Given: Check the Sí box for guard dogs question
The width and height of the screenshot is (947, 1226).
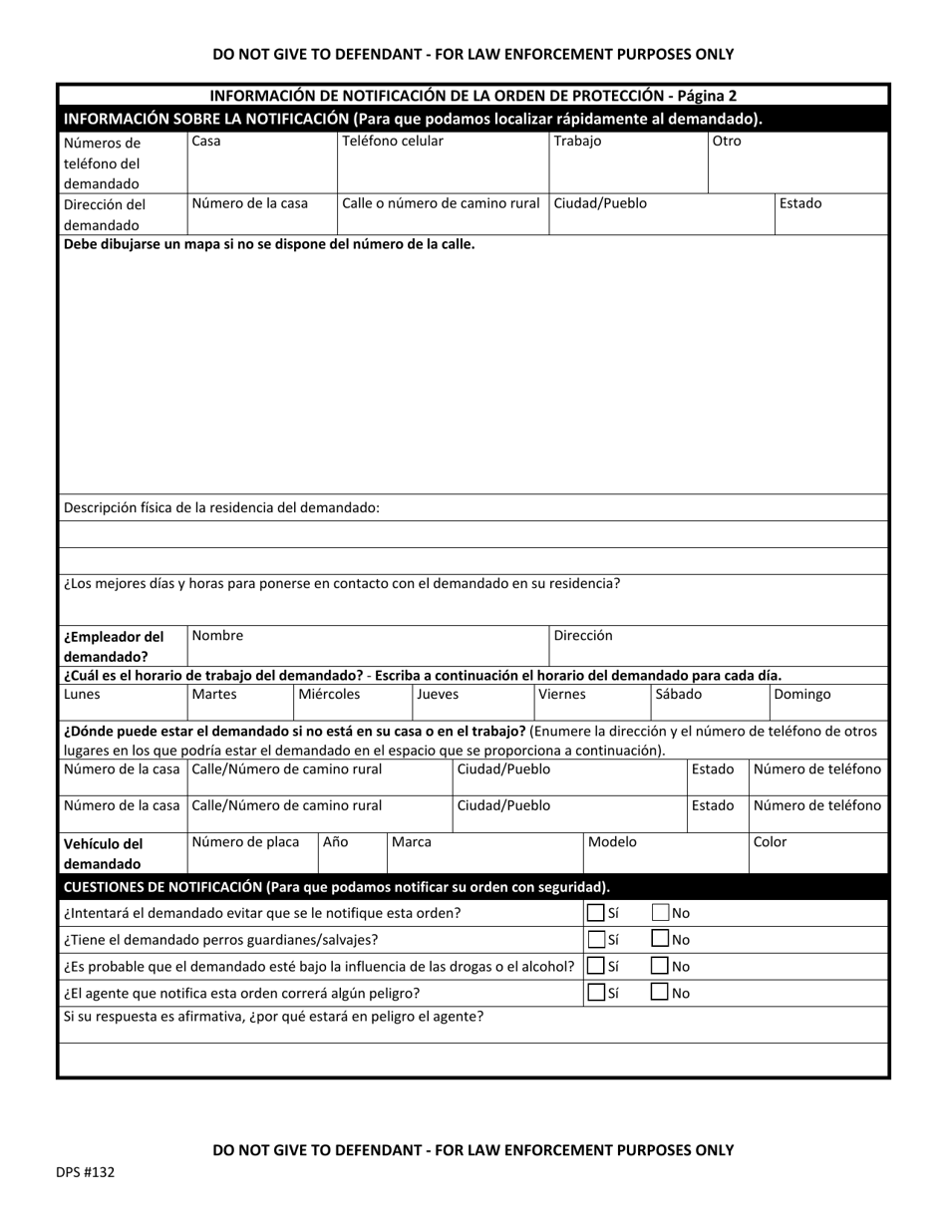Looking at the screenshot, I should [595, 939].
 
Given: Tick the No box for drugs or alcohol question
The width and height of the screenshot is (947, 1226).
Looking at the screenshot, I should [660, 965].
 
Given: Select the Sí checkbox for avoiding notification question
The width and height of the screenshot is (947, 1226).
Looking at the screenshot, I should [595, 912].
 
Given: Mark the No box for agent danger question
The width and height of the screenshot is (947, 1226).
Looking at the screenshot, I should [660, 992].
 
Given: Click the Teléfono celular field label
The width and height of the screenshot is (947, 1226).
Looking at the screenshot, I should [393, 142].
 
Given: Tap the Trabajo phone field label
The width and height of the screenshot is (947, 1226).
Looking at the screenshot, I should [577, 142].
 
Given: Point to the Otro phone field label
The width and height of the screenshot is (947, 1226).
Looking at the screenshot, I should [727, 142].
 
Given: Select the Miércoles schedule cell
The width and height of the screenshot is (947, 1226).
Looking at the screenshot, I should [330, 695].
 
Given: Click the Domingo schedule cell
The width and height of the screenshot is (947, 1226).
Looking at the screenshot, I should [801, 695].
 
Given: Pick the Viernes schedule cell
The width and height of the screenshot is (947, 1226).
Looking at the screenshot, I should [562, 695].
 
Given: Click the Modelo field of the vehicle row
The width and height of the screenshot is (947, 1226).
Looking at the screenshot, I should [612, 842].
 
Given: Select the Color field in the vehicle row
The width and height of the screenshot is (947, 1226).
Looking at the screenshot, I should [770, 842].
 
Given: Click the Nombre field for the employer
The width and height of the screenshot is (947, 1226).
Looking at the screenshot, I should [217, 636].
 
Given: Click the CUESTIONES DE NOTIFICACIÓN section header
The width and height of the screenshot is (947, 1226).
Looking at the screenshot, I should [336, 887].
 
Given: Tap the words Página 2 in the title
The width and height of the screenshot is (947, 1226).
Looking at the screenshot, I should [704, 97].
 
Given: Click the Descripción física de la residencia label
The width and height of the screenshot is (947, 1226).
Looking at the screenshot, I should [221, 507].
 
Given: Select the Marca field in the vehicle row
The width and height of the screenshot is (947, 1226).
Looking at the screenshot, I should [411, 842].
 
